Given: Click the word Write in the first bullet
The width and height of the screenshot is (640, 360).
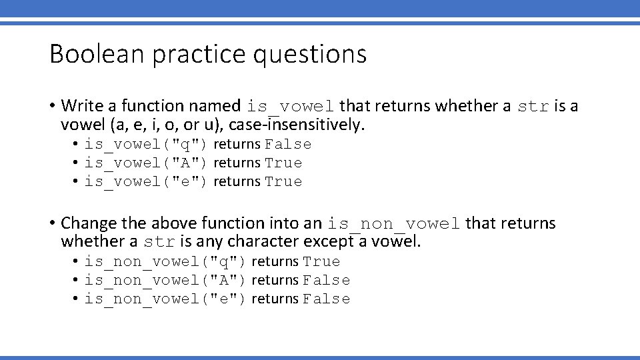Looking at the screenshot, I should pos(80,105).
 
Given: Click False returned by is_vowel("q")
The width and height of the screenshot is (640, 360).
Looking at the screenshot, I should pos(288,145).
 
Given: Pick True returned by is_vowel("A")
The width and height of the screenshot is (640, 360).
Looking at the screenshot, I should pos(283,163).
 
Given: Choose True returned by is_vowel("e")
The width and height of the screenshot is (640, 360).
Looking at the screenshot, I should pos(283,182).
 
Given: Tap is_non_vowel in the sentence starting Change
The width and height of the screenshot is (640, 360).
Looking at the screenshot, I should pos(394,223).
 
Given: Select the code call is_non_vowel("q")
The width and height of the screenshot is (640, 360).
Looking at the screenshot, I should pos(165,262).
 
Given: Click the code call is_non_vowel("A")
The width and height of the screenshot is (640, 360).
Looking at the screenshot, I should pos(165,281).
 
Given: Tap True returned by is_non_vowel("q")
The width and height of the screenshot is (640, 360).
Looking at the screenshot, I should pos(321,262).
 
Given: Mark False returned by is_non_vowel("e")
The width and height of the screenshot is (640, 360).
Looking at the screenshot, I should pos(326,299).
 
